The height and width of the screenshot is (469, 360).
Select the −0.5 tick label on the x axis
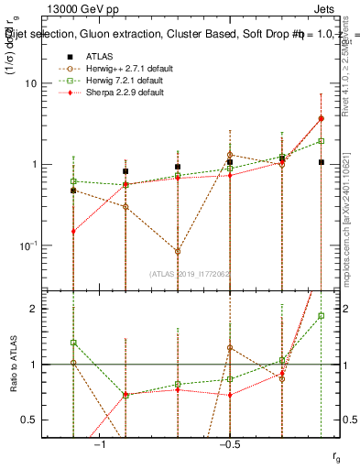click(x=229, y=444)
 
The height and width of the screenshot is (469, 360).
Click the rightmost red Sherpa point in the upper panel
click(x=321, y=118)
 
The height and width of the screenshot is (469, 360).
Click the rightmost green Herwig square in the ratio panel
click(x=321, y=315)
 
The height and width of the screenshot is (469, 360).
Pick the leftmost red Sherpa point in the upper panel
click(x=73, y=232)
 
